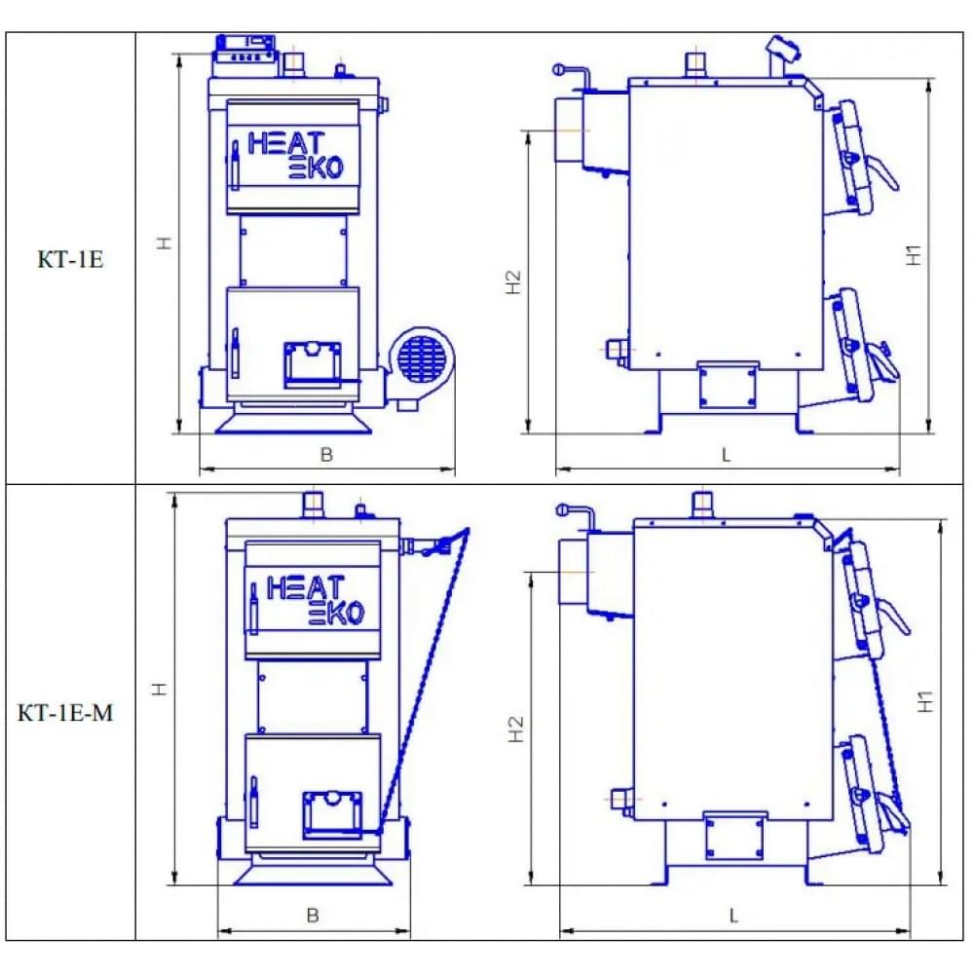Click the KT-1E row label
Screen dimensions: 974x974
click(x=70, y=259)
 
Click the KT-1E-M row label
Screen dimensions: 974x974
click(x=65, y=712)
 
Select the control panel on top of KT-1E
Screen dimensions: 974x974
click(x=244, y=56)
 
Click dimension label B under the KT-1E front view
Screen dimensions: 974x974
click(x=326, y=455)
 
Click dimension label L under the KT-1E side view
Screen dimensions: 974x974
click(x=727, y=455)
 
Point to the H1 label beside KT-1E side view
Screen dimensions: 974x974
click(x=914, y=255)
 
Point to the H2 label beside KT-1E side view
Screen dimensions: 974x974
click(x=513, y=282)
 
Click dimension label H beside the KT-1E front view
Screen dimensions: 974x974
click(x=164, y=243)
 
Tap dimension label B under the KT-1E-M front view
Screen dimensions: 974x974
click(x=313, y=915)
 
